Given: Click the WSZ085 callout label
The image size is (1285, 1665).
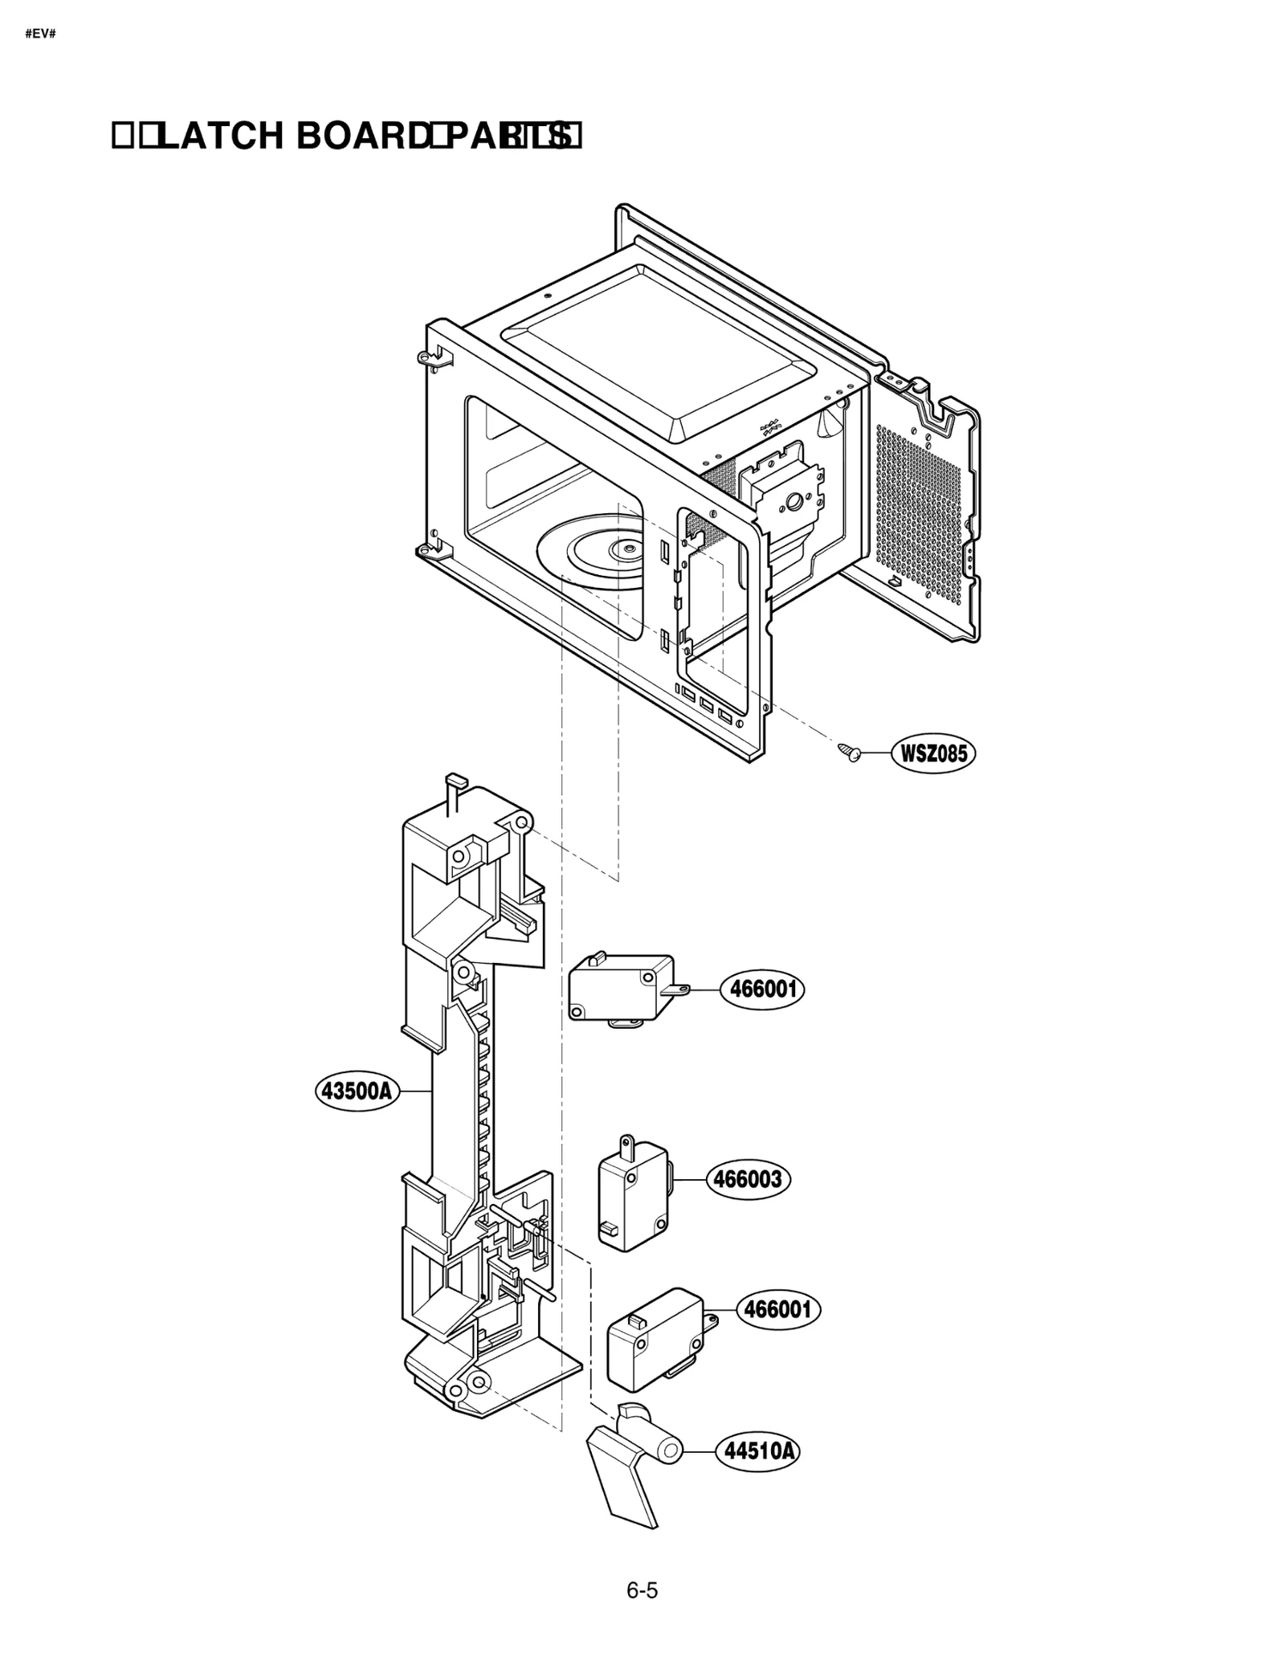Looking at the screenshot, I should coord(933,753).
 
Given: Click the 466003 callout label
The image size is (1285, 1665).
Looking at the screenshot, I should coord(748,1179).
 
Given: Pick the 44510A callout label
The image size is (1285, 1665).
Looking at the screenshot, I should coord(758,1451).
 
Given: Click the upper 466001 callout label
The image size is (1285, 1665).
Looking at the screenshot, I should coord(762,989).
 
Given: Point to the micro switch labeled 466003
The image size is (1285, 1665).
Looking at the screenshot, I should coord(633,1195).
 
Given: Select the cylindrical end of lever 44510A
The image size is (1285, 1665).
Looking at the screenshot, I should coord(669,1451).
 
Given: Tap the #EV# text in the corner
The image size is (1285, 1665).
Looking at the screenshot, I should coord(40,35).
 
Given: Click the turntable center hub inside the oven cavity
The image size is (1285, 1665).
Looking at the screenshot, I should coord(624,549).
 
